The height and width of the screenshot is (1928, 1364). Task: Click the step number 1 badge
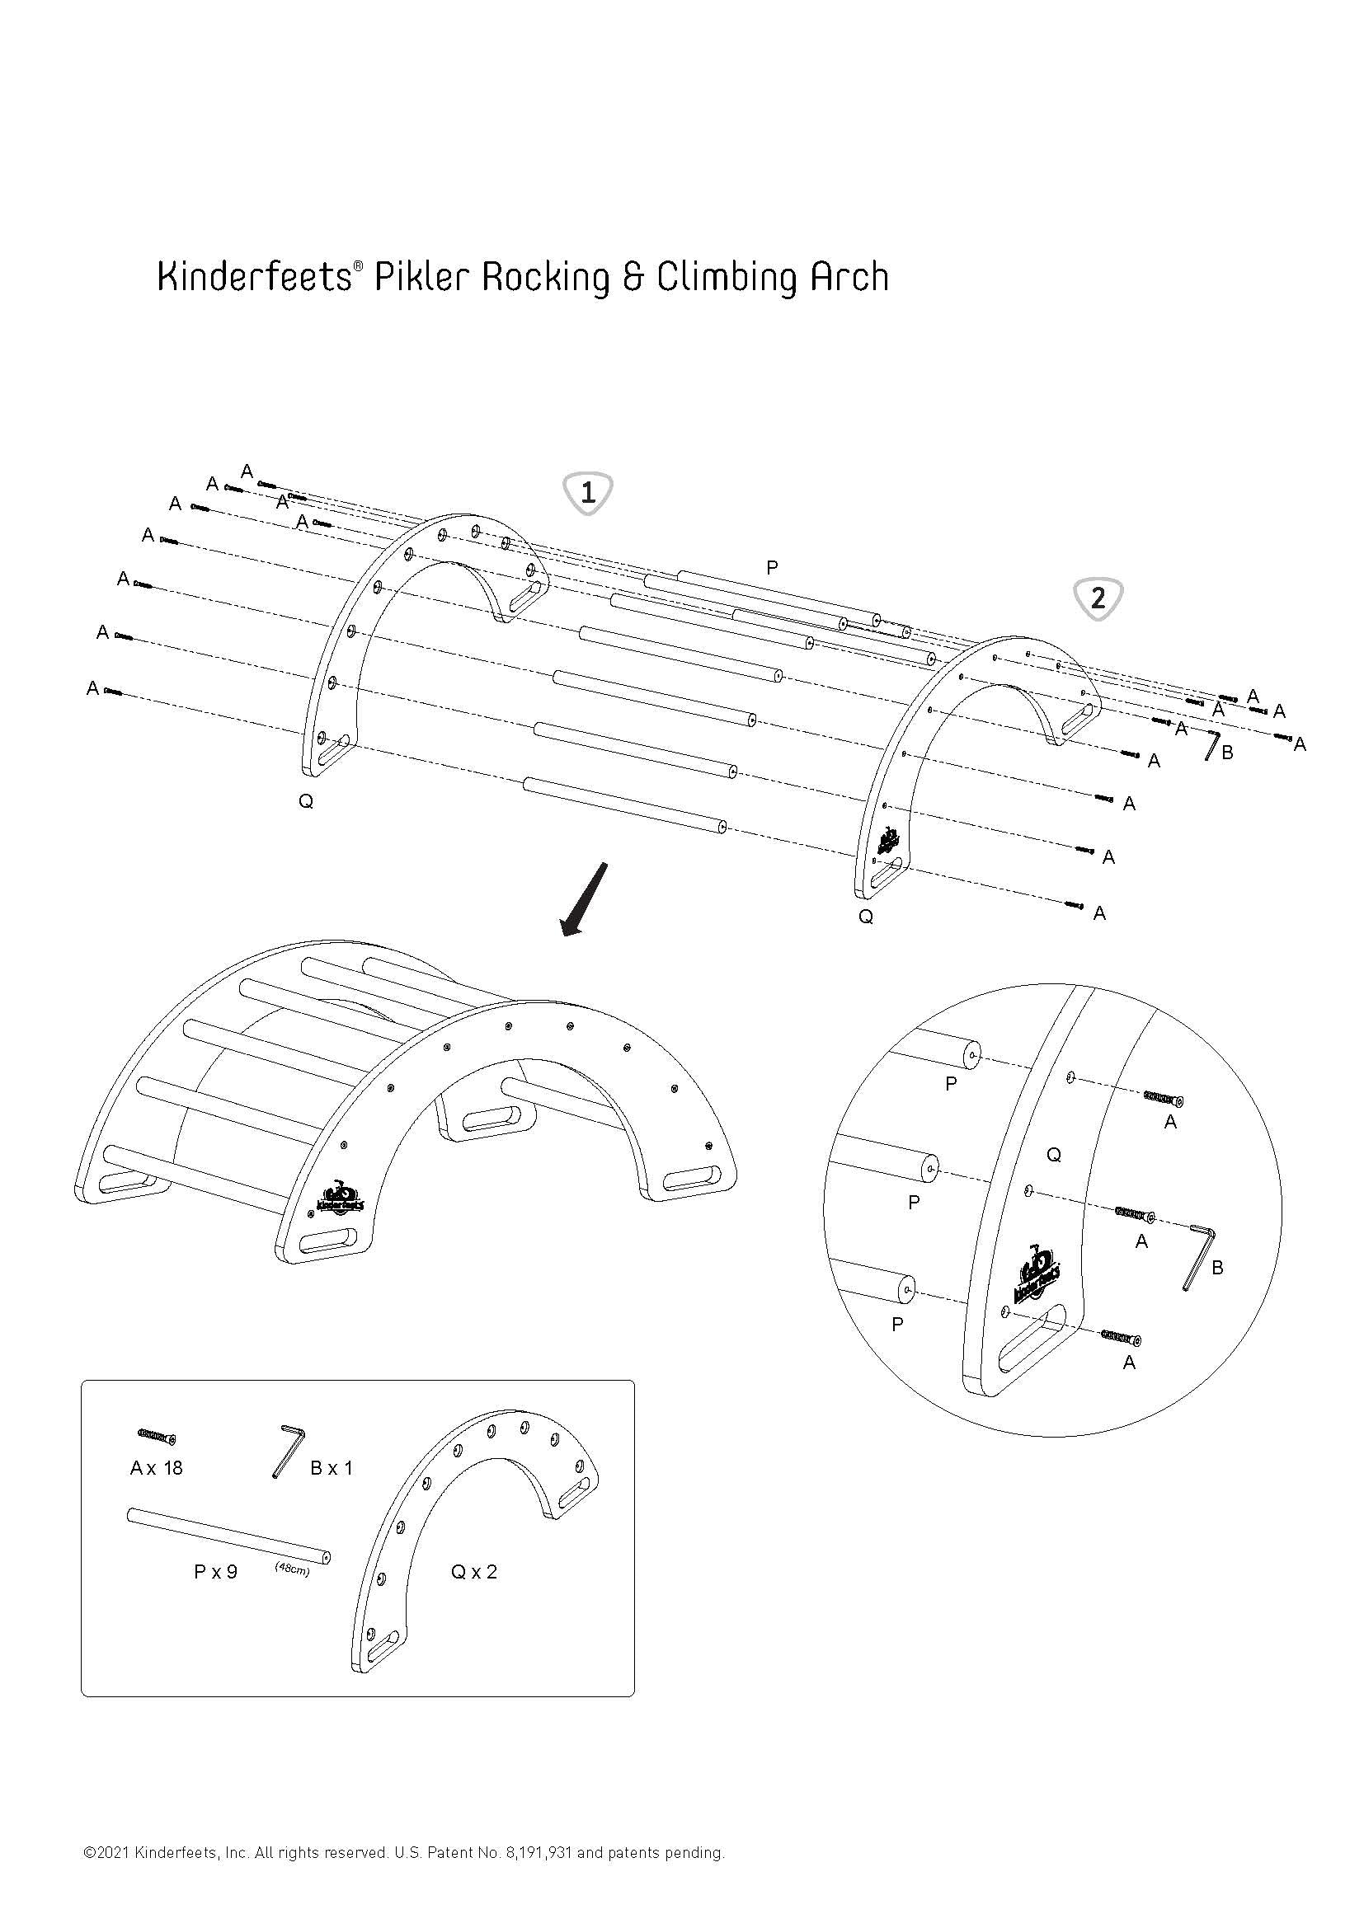point(588,493)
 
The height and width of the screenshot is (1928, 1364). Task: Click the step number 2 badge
point(1098,598)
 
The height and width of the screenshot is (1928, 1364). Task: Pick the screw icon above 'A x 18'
point(155,1437)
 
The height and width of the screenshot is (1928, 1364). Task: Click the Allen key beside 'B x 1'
point(288,1449)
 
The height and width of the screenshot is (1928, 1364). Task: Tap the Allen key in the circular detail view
point(1198,1256)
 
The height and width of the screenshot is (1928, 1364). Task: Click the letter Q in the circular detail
point(1054,1155)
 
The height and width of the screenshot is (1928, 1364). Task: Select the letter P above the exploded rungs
point(772,569)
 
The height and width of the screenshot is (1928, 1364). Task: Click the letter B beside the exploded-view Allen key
point(1227,753)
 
